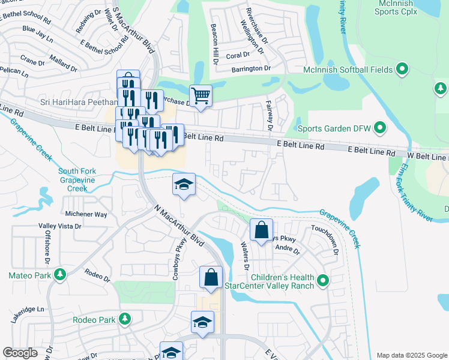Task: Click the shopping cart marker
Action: point(200,95)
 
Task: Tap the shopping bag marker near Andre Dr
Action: point(261,230)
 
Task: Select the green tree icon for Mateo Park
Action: point(59,275)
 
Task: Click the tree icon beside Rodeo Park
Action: point(125,319)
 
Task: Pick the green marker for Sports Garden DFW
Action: point(379,128)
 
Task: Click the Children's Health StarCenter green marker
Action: point(323,280)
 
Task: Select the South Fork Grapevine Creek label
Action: point(77,180)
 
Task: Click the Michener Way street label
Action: point(86,214)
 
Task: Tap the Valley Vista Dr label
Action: point(59,226)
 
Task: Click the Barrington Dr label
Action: point(251,69)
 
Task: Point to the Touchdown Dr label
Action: point(325,238)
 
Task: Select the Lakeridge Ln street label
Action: point(28,310)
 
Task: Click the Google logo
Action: point(20,353)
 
